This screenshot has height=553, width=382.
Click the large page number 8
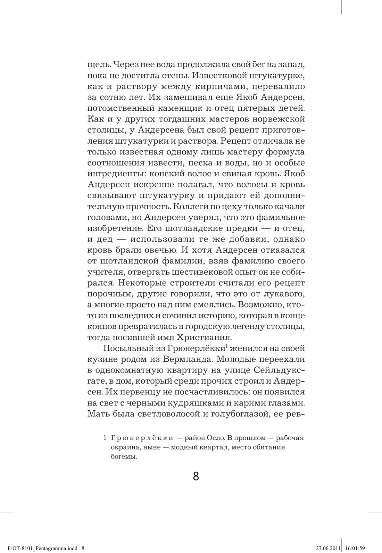click(196, 476)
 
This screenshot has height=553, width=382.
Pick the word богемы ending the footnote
click(122, 457)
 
